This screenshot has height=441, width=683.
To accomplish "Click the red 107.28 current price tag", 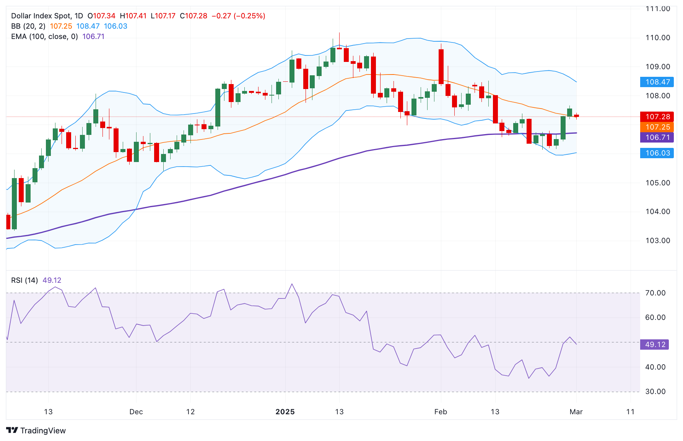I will tap(657, 117).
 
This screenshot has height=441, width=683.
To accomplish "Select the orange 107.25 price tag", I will tap(657, 127).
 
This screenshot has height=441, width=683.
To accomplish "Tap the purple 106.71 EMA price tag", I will tap(657, 137).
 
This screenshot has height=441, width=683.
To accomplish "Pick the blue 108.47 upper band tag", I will tap(657, 82).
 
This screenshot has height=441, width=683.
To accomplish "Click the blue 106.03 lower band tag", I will tap(657, 153).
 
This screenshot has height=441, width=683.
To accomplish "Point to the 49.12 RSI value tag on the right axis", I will tap(655, 344).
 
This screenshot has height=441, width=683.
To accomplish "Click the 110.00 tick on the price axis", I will tap(658, 37).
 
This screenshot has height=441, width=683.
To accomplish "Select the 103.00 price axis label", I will tap(658, 240).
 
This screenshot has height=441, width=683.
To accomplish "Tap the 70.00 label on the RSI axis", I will tap(655, 293).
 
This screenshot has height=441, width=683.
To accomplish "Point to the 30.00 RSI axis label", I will tap(655, 391).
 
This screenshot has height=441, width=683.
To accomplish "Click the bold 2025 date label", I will tap(285, 412).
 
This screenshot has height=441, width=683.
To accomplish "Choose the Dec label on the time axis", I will tap(136, 412).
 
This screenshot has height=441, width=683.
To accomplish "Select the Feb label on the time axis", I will tap(441, 412).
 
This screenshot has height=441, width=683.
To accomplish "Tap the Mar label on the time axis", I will tap(576, 412).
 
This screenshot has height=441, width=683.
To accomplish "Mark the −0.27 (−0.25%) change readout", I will tap(238, 16).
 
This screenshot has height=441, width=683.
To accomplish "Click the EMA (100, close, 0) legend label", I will tap(44, 36).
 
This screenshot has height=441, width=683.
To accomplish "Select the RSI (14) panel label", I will tap(24, 280).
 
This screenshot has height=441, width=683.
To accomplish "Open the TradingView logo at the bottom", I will tap(36, 430).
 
